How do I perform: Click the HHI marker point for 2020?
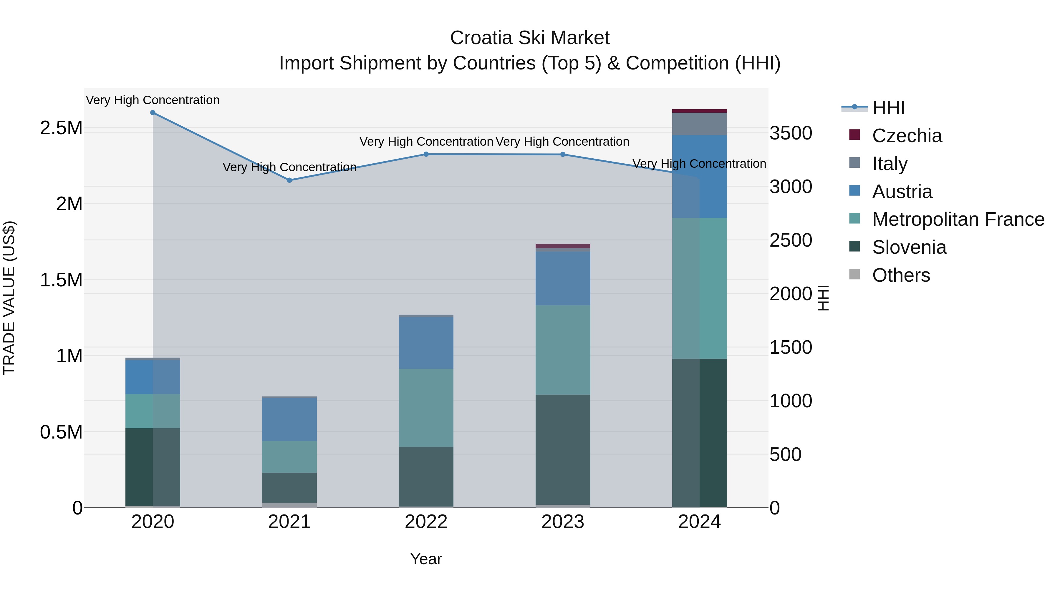[x=153, y=113]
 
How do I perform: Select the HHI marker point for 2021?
[x=289, y=180]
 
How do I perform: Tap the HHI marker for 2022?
[x=426, y=154]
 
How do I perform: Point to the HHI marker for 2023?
[x=563, y=155]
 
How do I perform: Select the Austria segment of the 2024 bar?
[x=700, y=177]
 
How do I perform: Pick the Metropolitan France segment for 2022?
[x=426, y=408]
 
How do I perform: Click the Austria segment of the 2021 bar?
[x=289, y=419]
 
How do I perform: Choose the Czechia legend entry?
[x=907, y=136]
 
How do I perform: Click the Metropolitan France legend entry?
[x=958, y=219]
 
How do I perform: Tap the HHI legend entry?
[x=888, y=108]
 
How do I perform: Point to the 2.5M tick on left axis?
[x=61, y=128]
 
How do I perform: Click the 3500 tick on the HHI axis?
[x=791, y=133]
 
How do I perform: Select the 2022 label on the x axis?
[x=426, y=522]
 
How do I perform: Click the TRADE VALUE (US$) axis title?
[x=9, y=298]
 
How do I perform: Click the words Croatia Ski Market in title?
[x=530, y=38]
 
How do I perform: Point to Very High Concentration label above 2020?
[x=153, y=100]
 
